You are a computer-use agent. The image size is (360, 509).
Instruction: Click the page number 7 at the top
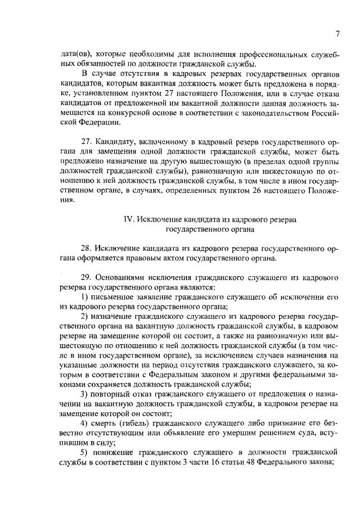click(x=336, y=34)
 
